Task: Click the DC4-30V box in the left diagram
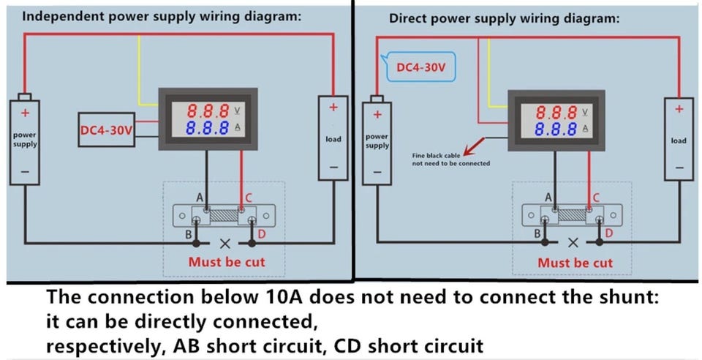pyautogui.click(x=107, y=130)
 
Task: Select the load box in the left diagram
pyautogui.click(x=333, y=138)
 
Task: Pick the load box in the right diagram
pyautogui.click(x=678, y=140)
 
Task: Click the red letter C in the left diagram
pyautogui.click(x=249, y=198)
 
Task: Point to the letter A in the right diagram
pyautogui.click(x=548, y=198)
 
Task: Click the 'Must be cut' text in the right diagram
pyautogui.click(x=575, y=263)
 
